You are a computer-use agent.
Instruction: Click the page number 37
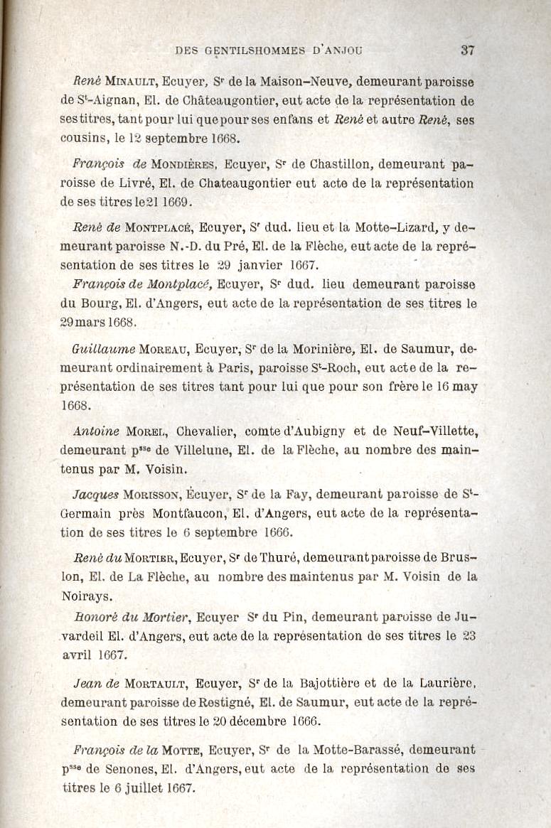(x=467, y=50)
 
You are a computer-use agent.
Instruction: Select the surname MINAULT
(x=129, y=82)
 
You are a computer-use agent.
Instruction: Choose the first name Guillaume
(x=104, y=350)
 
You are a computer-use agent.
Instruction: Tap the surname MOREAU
(x=164, y=350)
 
